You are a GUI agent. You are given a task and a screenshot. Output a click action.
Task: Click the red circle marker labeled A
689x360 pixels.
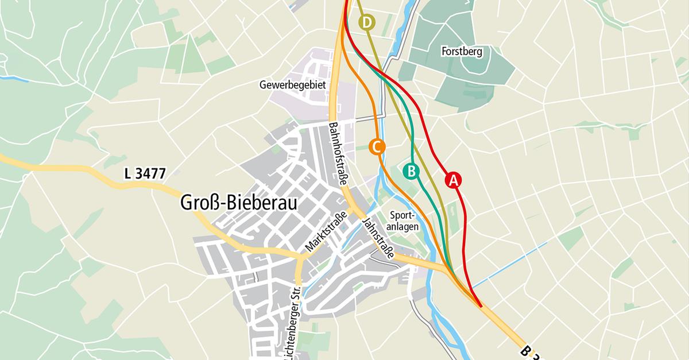[453, 180]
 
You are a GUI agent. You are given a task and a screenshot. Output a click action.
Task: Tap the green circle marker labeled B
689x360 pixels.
[411, 171]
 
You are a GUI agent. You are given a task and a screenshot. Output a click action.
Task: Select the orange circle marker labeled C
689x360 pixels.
[376, 147]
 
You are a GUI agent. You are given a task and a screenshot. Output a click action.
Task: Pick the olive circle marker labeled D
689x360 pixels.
[367, 23]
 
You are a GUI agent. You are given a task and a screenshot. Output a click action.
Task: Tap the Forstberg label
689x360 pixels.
[462, 51]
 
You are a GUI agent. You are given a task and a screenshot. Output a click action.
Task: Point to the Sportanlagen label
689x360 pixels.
[402, 220]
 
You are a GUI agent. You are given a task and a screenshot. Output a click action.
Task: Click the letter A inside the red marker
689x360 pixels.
[453, 180]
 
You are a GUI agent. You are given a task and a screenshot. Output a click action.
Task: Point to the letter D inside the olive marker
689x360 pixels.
[367, 23]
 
